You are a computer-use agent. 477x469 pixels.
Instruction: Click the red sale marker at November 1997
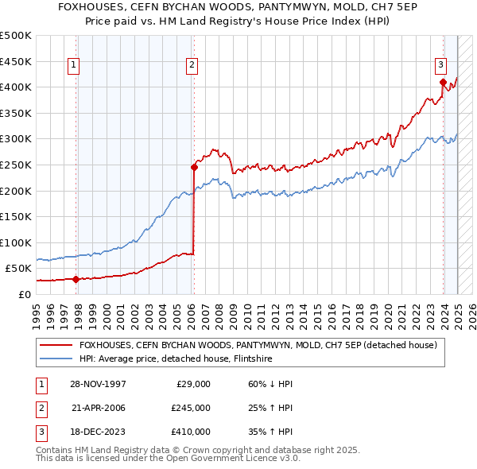tap(76, 279)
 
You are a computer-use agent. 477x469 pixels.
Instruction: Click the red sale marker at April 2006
tap(194, 167)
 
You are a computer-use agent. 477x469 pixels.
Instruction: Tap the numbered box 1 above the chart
tap(73, 66)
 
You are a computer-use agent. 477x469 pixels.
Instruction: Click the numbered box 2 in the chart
tap(192, 66)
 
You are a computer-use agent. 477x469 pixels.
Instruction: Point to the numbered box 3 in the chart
tap(440, 66)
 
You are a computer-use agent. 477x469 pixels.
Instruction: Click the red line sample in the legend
tap(56, 346)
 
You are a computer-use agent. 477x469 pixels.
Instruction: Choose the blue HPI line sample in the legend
tap(56, 359)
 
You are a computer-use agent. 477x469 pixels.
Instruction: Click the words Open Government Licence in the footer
tap(229, 458)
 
